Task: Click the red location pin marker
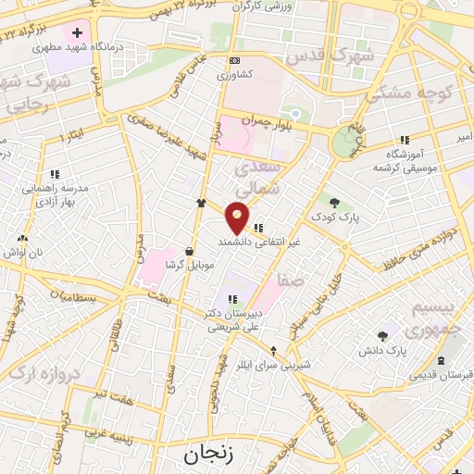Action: click(238, 217)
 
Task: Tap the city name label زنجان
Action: click(205, 454)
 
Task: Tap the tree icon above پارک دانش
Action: click(382, 336)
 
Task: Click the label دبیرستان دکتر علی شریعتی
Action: click(231, 319)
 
